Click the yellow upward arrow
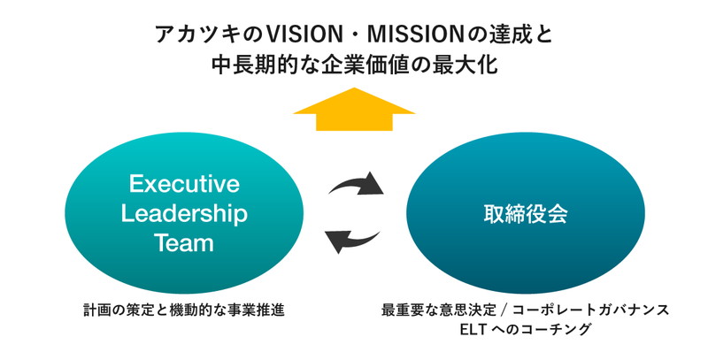click(x=354, y=110)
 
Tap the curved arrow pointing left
click(x=352, y=241)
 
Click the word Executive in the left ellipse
click(x=184, y=184)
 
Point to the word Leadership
click(x=184, y=214)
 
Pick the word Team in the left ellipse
click(x=184, y=243)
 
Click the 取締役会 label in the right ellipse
click(x=526, y=214)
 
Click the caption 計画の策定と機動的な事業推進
click(x=184, y=310)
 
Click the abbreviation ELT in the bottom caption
click(x=473, y=329)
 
